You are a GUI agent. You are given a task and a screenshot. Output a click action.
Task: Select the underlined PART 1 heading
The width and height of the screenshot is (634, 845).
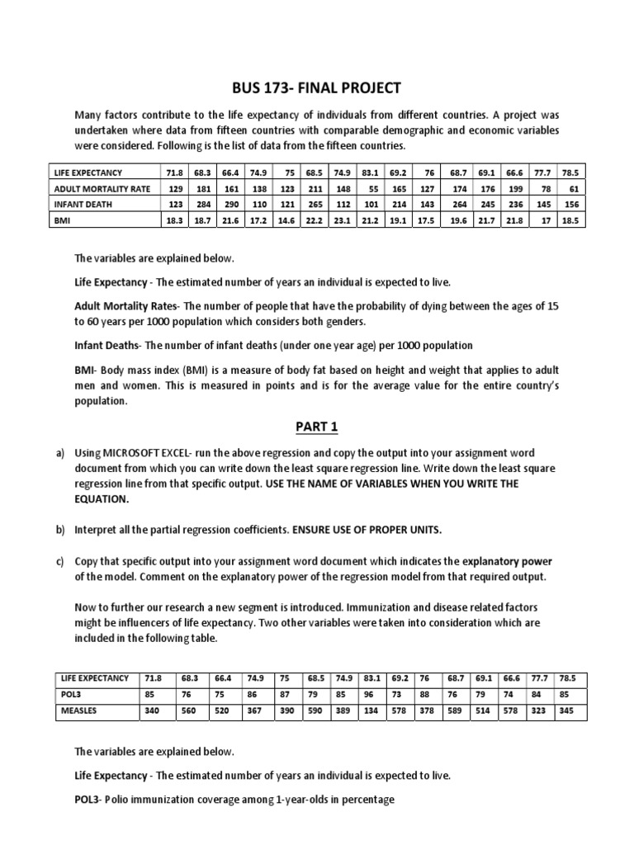pyautogui.click(x=318, y=427)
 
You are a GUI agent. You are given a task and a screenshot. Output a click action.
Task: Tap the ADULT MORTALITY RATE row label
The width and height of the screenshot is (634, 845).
pyautogui.click(x=102, y=188)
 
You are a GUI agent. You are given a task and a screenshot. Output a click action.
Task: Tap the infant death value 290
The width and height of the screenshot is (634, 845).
pyautogui.click(x=230, y=204)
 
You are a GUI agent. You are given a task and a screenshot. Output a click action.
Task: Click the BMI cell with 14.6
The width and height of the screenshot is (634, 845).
pyautogui.click(x=286, y=220)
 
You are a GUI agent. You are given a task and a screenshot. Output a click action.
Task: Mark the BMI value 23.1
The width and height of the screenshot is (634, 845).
pyautogui.click(x=343, y=220)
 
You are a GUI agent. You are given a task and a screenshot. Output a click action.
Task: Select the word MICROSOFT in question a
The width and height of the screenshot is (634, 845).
pyautogui.click(x=133, y=454)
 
